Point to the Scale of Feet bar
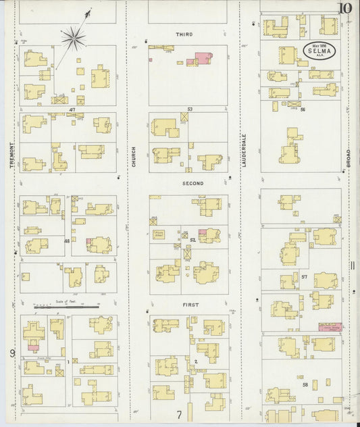point(66,307)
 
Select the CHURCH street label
point(134,157)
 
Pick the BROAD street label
point(349,159)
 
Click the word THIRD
point(184,34)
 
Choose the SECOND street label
point(192,183)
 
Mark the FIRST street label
point(190,305)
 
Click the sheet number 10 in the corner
point(344,8)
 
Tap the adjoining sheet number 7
point(180,415)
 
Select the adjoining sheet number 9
point(11,353)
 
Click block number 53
point(190,109)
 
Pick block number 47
point(72,109)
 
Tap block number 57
point(305,277)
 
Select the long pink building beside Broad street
point(330,327)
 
